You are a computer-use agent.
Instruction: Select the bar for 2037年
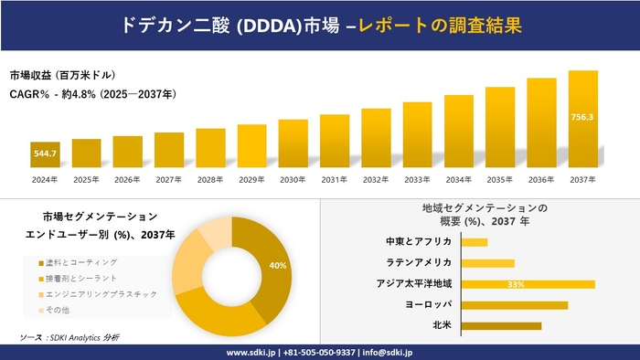point(582,119)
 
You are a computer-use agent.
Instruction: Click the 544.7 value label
point(45,154)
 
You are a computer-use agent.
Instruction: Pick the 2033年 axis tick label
point(417,179)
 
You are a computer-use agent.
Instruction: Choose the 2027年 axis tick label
point(169,179)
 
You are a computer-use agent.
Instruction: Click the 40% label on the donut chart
point(278,265)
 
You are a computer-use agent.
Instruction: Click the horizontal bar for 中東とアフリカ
point(475,242)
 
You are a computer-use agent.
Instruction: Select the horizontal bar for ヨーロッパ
point(515,304)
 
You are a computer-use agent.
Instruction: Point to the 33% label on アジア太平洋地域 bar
point(516,284)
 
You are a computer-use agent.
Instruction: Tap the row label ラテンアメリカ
point(419,263)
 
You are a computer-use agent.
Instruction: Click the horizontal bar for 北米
point(501,325)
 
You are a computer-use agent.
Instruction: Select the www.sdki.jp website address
point(252,352)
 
